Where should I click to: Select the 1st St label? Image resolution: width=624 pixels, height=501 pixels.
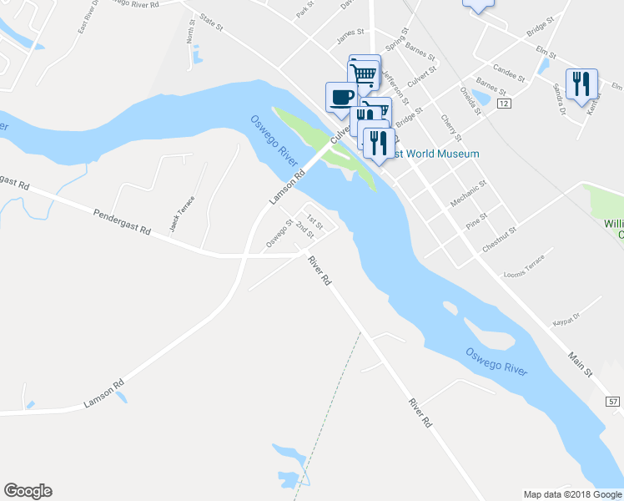pos(314,220)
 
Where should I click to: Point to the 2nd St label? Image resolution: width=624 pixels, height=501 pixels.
pos(304,231)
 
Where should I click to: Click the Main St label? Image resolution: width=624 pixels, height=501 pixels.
pos(581,365)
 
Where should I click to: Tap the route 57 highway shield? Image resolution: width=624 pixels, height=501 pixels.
pos(613,402)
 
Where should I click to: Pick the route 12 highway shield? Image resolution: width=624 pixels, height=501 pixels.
pos(503,103)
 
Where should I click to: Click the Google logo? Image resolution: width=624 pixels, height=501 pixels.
pos(28,491)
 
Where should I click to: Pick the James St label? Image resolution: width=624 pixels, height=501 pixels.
pos(350,35)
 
